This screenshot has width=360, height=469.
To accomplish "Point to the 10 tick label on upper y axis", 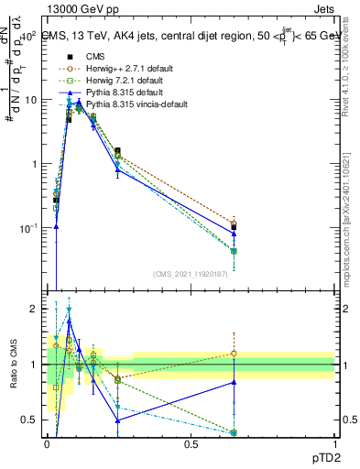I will (29, 100).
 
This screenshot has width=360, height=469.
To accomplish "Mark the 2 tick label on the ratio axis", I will (34, 310).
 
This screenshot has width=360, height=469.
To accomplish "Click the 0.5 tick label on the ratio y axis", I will (30, 420).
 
